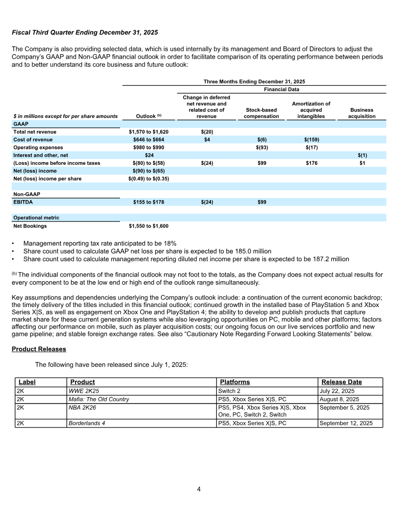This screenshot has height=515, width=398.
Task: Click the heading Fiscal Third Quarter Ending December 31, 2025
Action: (85, 32)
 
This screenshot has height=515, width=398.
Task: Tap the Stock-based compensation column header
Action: (261, 113)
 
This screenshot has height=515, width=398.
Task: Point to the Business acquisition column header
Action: (362, 113)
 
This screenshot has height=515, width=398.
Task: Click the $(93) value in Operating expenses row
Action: (261, 148)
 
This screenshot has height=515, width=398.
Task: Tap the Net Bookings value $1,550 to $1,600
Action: (148, 226)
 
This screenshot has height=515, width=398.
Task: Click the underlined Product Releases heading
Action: (38, 349)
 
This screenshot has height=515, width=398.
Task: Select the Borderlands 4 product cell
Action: (86, 423)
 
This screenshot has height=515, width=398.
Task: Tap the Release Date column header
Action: (342, 382)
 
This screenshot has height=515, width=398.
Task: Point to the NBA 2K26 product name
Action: (82, 408)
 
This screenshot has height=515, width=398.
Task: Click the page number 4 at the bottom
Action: (199, 489)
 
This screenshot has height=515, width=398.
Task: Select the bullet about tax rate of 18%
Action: (99, 243)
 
